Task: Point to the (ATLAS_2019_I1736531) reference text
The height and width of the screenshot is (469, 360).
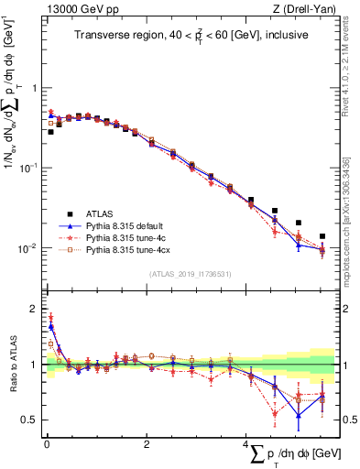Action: pyautogui.click(x=190, y=274)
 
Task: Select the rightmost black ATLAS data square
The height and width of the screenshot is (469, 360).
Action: pyautogui.click(x=322, y=236)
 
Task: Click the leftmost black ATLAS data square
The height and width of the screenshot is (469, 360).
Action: pyautogui.click(x=50, y=132)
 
